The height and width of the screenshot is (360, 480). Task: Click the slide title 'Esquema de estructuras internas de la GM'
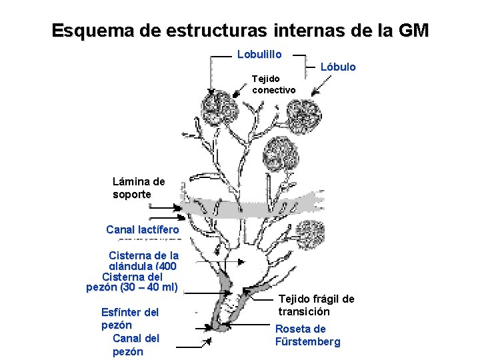tap(240, 31)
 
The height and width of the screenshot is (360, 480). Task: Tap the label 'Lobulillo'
tap(259, 54)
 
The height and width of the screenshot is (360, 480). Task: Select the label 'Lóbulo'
tap(338, 67)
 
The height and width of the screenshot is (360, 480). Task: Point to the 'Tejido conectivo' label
tap(273, 84)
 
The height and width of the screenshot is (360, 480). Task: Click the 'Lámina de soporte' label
tap(139, 187)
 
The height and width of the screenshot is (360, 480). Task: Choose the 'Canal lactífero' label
tap(143, 230)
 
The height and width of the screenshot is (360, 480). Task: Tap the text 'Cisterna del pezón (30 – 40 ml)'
tap(133, 282)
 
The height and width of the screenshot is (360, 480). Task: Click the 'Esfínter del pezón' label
tap(129, 318)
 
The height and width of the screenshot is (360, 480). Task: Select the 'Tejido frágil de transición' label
tap(316, 305)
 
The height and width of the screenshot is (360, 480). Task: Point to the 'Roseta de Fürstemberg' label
tap(307, 335)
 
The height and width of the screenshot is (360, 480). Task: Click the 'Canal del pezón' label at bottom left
tap(135, 345)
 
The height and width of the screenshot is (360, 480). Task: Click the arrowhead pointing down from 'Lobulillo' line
tap(211, 92)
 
